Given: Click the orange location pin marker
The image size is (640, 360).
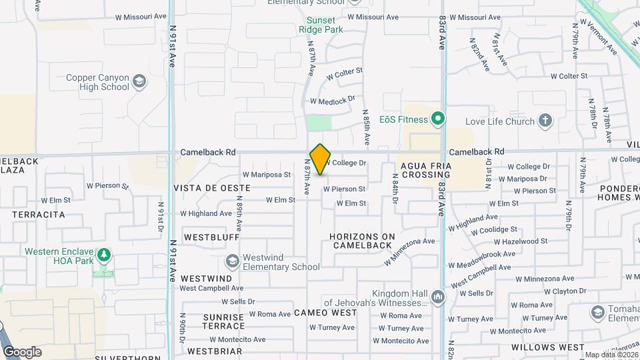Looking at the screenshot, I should (320, 159).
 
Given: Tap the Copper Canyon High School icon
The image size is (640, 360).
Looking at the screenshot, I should (139, 82).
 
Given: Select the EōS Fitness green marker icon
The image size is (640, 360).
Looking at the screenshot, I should (437, 120).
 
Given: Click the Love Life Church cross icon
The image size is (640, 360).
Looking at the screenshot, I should (545, 121).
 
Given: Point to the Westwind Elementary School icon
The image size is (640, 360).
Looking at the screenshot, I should (232, 261).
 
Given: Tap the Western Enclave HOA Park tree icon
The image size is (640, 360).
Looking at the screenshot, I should (103, 255).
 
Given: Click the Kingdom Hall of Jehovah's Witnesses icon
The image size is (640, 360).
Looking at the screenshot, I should (437, 297).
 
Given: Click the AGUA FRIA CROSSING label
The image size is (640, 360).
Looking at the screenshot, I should (426, 170).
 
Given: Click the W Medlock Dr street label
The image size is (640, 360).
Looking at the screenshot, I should (332, 101).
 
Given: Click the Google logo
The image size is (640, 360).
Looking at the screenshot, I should (22, 352).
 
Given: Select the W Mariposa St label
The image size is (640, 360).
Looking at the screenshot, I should (267, 175).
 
